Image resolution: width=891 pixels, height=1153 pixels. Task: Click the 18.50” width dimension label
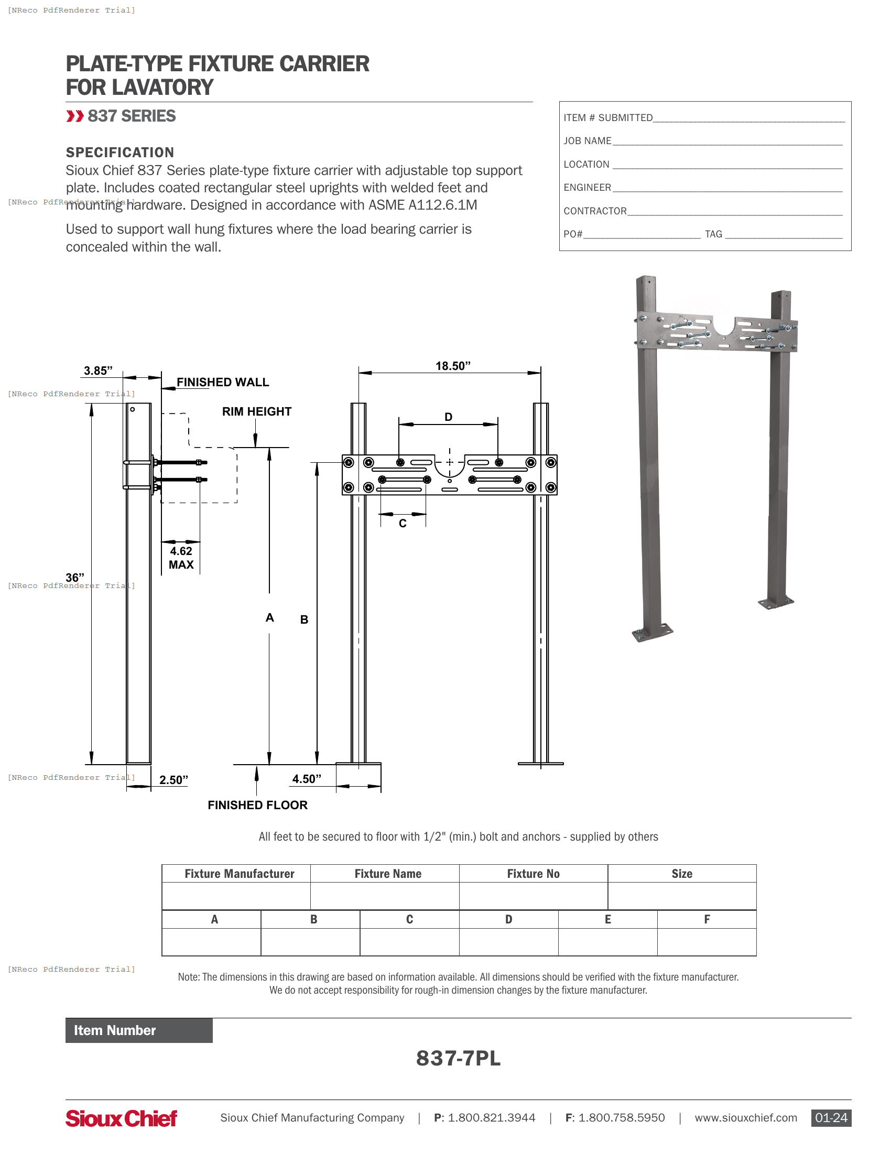pyautogui.click(x=452, y=366)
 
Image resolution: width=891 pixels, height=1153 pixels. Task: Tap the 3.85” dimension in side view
pyautogui.click(x=98, y=371)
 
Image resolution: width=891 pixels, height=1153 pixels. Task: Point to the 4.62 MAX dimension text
pyautogui.click(x=181, y=558)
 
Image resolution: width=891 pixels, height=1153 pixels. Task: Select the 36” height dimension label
pyautogui.click(x=75, y=578)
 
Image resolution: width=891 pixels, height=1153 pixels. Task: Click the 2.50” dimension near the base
pyautogui.click(x=173, y=780)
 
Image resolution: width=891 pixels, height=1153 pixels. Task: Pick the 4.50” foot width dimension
pyautogui.click(x=307, y=779)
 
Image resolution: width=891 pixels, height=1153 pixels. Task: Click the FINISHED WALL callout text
pyautogui.click(x=222, y=382)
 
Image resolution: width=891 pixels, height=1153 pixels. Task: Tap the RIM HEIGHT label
pyautogui.click(x=256, y=411)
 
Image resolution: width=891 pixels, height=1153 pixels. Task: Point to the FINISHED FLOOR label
pyautogui.click(x=257, y=805)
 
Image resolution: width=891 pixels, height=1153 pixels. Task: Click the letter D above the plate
pyautogui.click(x=448, y=417)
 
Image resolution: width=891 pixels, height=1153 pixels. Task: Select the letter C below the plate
pyautogui.click(x=403, y=523)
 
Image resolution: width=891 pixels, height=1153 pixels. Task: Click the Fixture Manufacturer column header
pyautogui.click(x=239, y=874)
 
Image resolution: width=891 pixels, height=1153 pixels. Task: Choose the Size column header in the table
pyautogui.click(x=681, y=874)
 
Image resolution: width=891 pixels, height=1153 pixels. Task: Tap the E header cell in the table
pyautogui.click(x=607, y=919)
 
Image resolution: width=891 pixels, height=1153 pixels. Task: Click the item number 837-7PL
pyautogui.click(x=458, y=1058)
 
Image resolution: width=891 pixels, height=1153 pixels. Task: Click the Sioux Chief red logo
pyautogui.click(x=122, y=1118)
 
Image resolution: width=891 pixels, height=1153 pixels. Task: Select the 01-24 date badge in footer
pyautogui.click(x=831, y=1118)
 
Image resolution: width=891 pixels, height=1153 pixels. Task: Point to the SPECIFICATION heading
pyautogui.click(x=120, y=153)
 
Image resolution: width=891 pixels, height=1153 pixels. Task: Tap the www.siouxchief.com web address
pyautogui.click(x=745, y=1118)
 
